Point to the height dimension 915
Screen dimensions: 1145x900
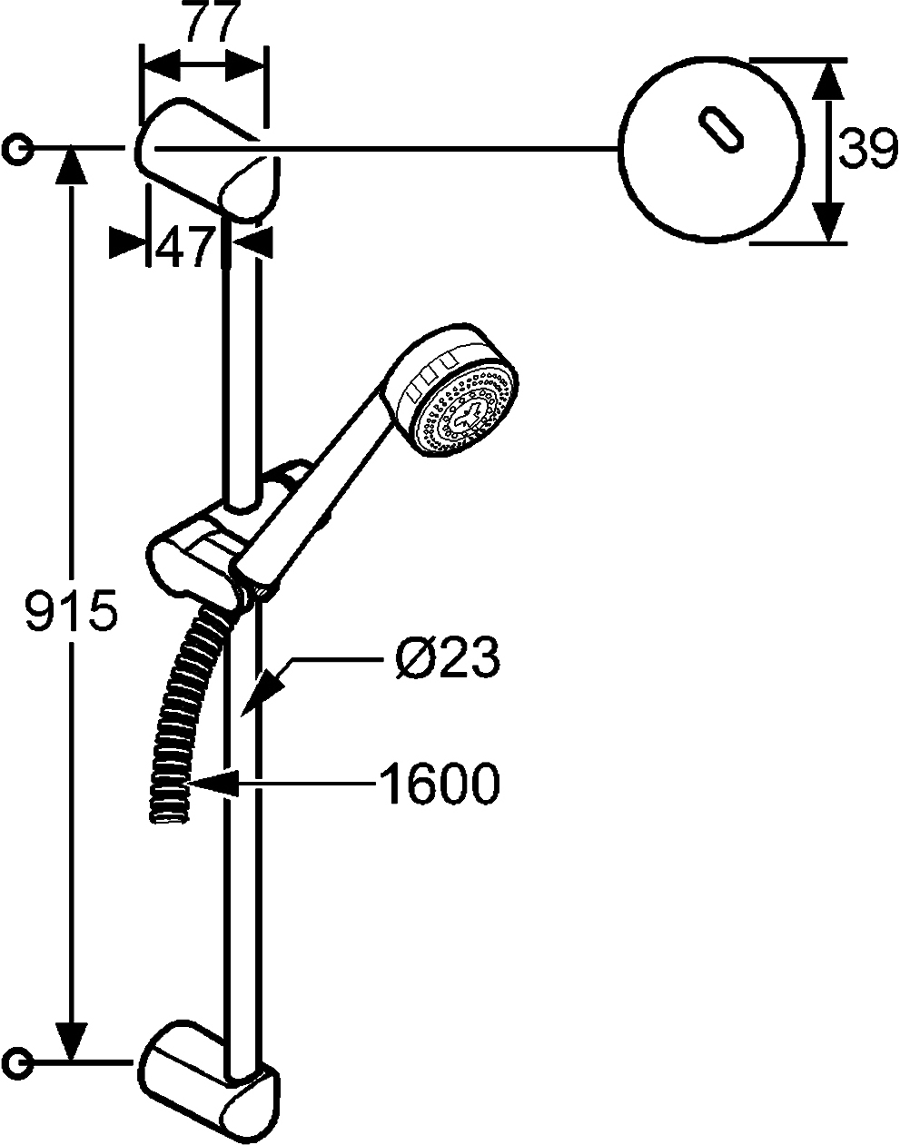click(70, 612)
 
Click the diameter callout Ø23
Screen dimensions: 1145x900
click(448, 656)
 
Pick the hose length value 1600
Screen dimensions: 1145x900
click(440, 783)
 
